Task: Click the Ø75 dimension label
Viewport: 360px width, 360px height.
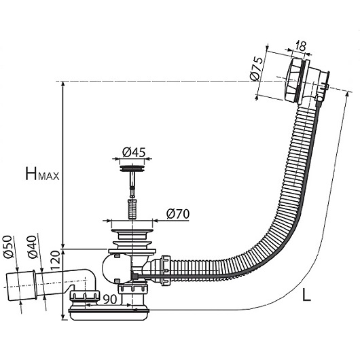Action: [257, 69]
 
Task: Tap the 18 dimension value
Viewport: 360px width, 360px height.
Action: [300, 46]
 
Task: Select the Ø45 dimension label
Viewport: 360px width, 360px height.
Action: [134, 152]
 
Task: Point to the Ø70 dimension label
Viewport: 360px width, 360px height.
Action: [178, 214]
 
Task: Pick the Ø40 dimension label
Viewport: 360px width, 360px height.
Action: [32, 247]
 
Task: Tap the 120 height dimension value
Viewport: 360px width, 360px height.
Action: [55, 260]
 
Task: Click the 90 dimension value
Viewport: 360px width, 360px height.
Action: [109, 299]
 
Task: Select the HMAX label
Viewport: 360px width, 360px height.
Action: [42, 174]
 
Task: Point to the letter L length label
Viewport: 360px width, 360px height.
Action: [306, 295]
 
